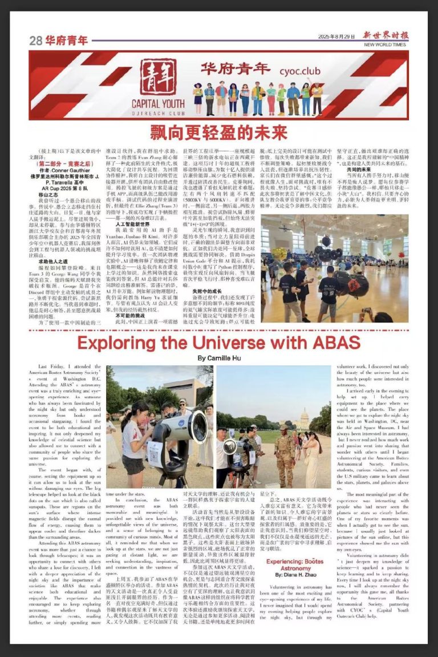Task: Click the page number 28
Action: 36,41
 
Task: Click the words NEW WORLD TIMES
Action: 385,45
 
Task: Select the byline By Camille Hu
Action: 219,358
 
